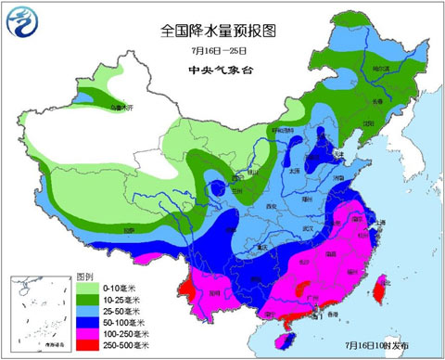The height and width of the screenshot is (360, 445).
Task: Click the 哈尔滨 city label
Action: click(375, 68)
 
